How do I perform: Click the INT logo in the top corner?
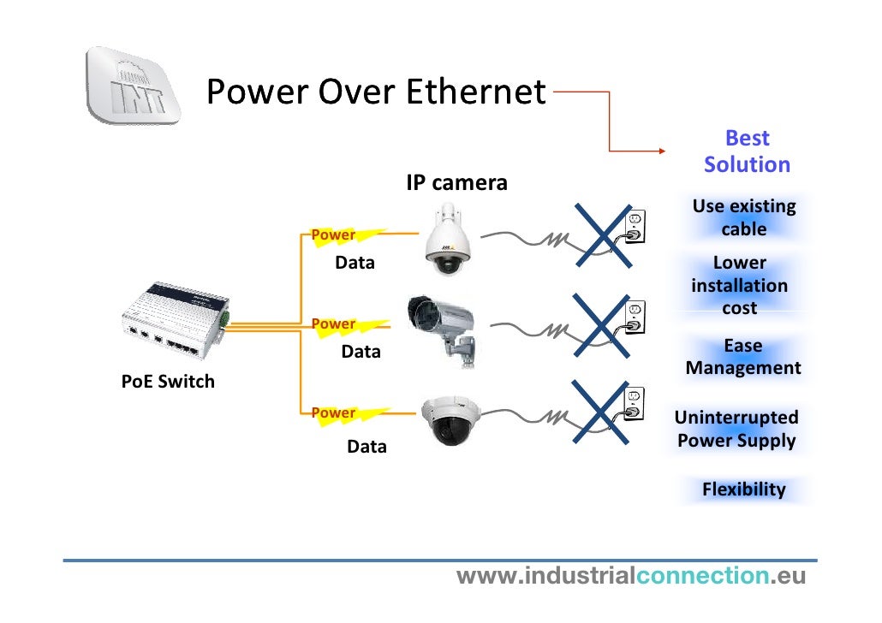coord(133,86)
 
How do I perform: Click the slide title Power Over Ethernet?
coord(376,91)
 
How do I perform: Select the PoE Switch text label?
coord(168,382)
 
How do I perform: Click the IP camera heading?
coord(456,182)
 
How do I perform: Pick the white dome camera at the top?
coord(448,239)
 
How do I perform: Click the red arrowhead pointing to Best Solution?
coord(660,151)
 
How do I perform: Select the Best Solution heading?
coord(747,151)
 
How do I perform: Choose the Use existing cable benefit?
coord(743,217)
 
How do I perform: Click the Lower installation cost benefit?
coord(739,285)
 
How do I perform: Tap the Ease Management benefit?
coord(743,357)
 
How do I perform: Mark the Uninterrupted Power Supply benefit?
coord(736,429)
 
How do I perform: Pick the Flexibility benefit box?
coord(743,489)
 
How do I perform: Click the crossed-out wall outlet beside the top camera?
coord(635,228)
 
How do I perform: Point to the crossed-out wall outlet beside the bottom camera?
coord(632,405)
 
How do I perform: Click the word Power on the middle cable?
coord(333,323)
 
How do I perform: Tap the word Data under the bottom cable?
coord(367,447)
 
